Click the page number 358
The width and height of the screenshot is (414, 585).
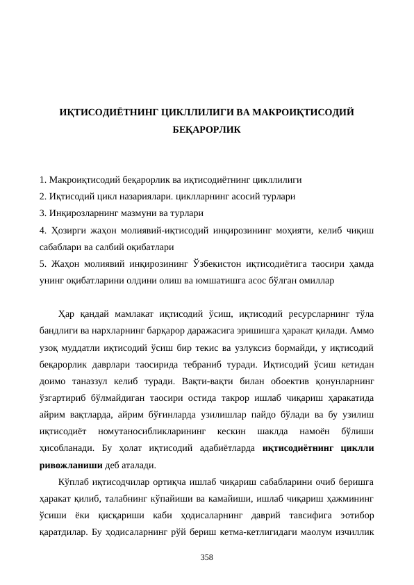point(206,557)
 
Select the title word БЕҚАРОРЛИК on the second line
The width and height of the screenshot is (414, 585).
point(206,129)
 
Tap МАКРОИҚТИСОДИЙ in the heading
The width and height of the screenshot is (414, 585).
point(304,112)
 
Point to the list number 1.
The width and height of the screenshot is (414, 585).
point(43,179)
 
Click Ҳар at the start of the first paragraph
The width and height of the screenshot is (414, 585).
point(67,311)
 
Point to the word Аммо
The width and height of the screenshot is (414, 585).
point(363,328)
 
